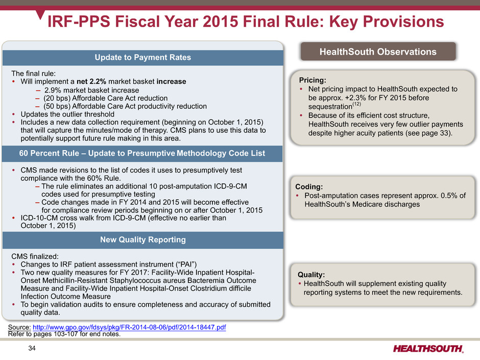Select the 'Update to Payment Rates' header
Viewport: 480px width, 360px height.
point(142,57)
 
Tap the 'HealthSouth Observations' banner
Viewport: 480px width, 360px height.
point(378,52)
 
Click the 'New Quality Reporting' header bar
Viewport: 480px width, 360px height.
point(142,239)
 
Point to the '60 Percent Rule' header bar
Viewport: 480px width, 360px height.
point(142,153)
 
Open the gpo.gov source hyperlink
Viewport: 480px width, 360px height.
point(129,327)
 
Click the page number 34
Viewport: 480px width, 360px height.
point(32,348)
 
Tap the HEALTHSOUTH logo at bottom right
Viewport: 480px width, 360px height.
point(428,349)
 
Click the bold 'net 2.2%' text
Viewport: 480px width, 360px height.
point(91,81)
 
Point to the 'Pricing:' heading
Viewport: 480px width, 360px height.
point(313,80)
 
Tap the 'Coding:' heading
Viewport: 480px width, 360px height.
point(309,187)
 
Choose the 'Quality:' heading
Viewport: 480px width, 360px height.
point(311,275)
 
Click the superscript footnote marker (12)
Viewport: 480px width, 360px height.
point(357,104)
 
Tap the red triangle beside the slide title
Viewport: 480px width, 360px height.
point(40,14)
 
